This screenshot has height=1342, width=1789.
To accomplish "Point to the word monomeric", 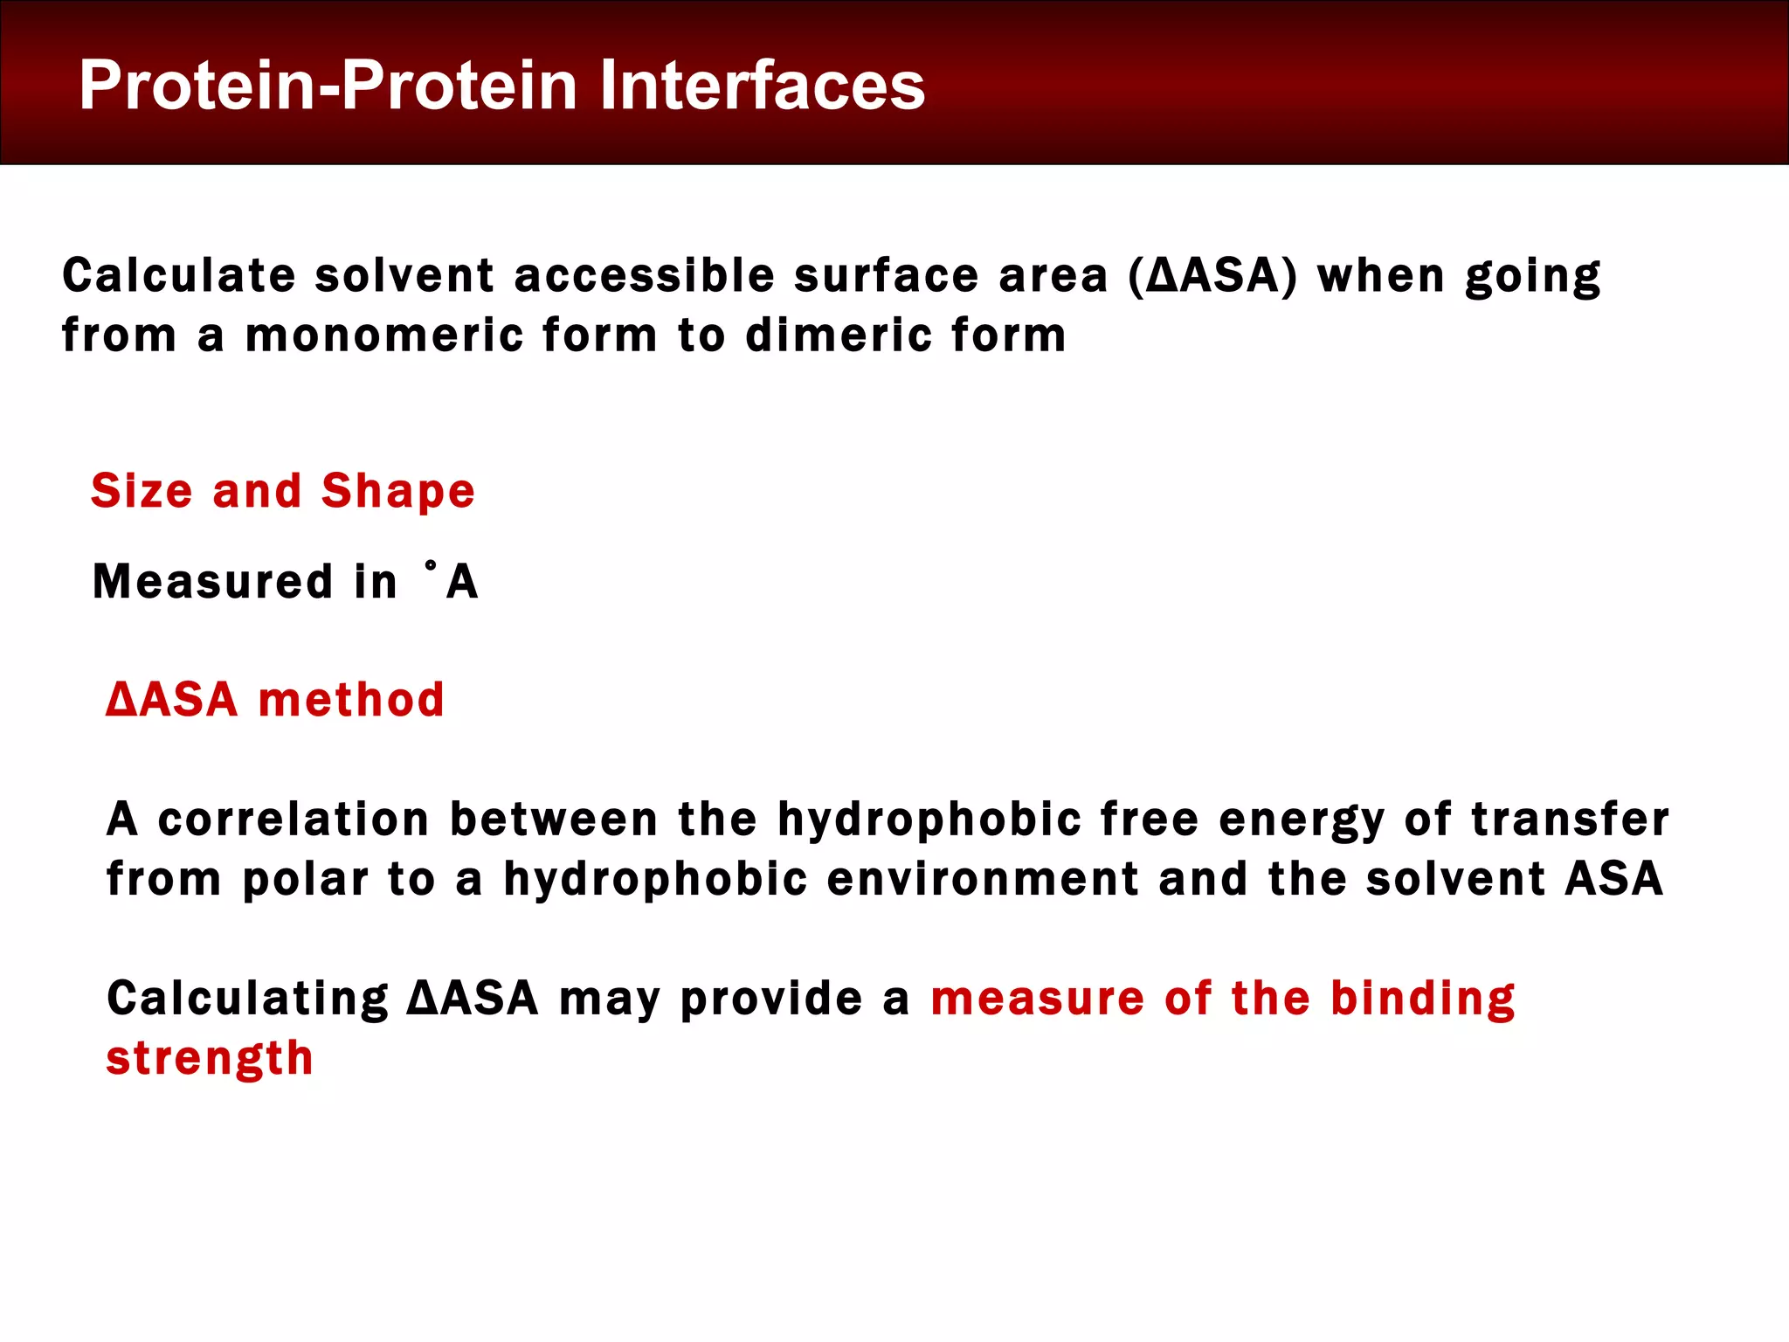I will [383, 335].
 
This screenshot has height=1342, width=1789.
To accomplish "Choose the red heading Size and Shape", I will [283, 490].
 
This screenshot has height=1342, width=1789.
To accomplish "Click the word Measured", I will [212, 582].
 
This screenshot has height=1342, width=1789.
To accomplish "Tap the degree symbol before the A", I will [430, 567].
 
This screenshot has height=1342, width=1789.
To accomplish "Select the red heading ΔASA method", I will [275, 700].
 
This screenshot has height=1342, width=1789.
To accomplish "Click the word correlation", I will [294, 820].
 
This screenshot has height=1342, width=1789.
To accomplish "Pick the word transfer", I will [1570, 820].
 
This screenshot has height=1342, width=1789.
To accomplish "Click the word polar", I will [305, 880].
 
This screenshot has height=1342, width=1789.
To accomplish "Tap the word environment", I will [983, 879].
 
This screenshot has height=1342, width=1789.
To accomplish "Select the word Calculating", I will [247, 999].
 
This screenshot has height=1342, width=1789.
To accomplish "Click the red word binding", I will [1422, 999].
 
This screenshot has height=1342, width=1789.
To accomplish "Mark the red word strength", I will [210, 1058].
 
